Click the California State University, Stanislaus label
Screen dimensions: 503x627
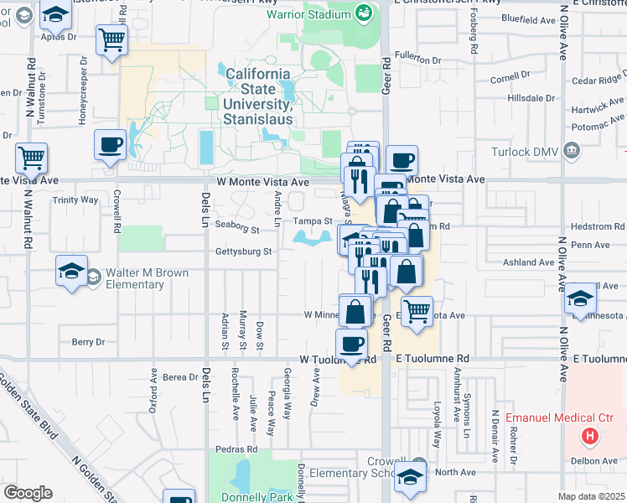point(259,96)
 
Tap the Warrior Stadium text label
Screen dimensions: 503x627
point(308,14)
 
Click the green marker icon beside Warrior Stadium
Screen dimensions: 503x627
point(364,12)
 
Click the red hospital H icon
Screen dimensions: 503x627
point(590,436)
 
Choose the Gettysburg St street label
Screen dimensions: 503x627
point(245,251)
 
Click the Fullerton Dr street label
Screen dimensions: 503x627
point(418,60)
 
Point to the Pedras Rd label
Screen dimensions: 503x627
point(241,449)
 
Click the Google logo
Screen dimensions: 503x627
point(28,493)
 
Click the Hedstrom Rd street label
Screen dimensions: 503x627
point(598,226)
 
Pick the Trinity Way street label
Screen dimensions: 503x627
point(75,200)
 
